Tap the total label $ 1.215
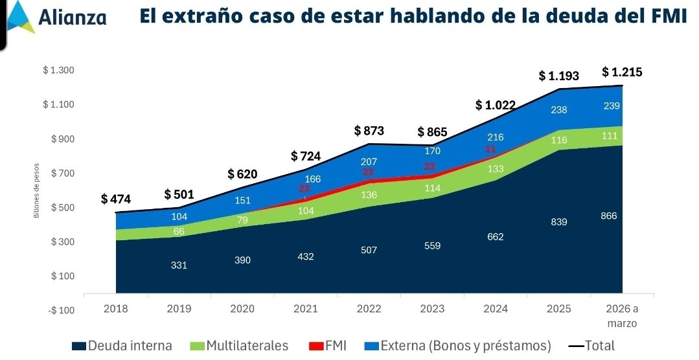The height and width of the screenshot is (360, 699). click(x=622, y=72)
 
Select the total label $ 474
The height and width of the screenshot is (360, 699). click(x=116, y=199)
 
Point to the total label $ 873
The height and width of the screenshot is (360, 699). click(x=369, y=131)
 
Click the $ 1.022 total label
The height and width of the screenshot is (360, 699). click(x=496, y=105)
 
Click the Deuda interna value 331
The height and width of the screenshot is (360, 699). click(x=179, y=265)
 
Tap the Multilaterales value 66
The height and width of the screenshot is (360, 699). click(x=179, y=232)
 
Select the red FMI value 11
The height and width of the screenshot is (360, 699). click(x=490, y=150)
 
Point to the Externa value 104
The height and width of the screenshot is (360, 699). click(x=179, y=217)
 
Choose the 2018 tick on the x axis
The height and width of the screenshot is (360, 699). click(x=116, y=309)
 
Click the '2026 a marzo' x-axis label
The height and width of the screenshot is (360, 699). click(x=622, y=315)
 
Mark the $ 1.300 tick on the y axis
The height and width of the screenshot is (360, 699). click(x=59, y=71)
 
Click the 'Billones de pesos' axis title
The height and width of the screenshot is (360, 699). click(x=37, y=190)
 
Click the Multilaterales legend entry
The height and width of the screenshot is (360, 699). click(x=241, y=346)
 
